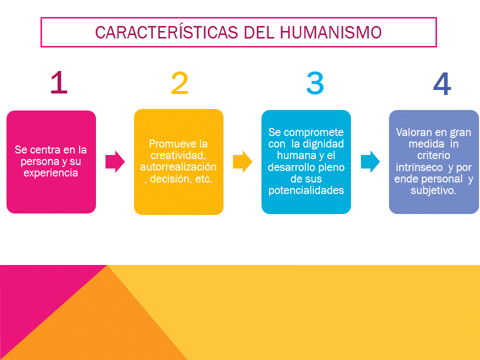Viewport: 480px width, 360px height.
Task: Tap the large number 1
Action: [x=59, y=83]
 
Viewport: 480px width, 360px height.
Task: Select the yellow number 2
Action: [x=179, y=83]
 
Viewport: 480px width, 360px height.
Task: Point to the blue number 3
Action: [x=315, y=83]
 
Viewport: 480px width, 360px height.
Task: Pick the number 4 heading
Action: [x=442, y=84]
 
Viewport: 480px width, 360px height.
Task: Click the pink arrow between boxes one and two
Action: [x=115, y=161]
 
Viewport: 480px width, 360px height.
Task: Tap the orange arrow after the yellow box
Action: [x=242, y=161]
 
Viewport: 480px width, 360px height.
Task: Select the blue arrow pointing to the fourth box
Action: [x=370, y=161]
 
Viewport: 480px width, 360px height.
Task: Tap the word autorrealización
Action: [x=178, y=167]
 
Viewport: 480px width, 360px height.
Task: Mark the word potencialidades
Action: [x=306, y=190]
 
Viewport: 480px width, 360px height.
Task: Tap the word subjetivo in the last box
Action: [x=433, y=190]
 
